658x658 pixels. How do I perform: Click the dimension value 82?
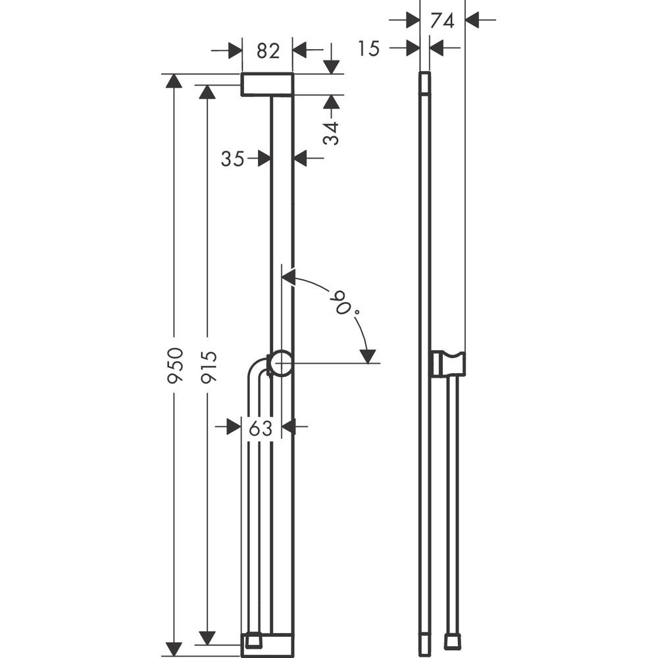click(268, 50)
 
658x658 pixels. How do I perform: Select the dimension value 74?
click(442, 20)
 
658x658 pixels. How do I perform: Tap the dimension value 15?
click(370, 48)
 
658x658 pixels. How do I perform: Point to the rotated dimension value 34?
click(332, 132)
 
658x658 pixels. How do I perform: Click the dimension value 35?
click(233, 159)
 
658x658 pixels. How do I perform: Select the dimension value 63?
click(261, 428)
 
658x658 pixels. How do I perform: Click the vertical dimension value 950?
click(174, 366)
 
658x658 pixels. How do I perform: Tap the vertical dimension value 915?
click(208, 367)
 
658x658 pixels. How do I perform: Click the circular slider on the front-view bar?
click(282, 363)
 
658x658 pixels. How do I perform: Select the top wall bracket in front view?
click(266, 85)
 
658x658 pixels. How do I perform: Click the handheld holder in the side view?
click(448, 364)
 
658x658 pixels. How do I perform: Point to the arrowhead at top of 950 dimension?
click(174, 81)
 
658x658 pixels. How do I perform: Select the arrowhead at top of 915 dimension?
click(207, 92)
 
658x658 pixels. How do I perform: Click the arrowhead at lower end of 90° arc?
click(368, 355)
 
